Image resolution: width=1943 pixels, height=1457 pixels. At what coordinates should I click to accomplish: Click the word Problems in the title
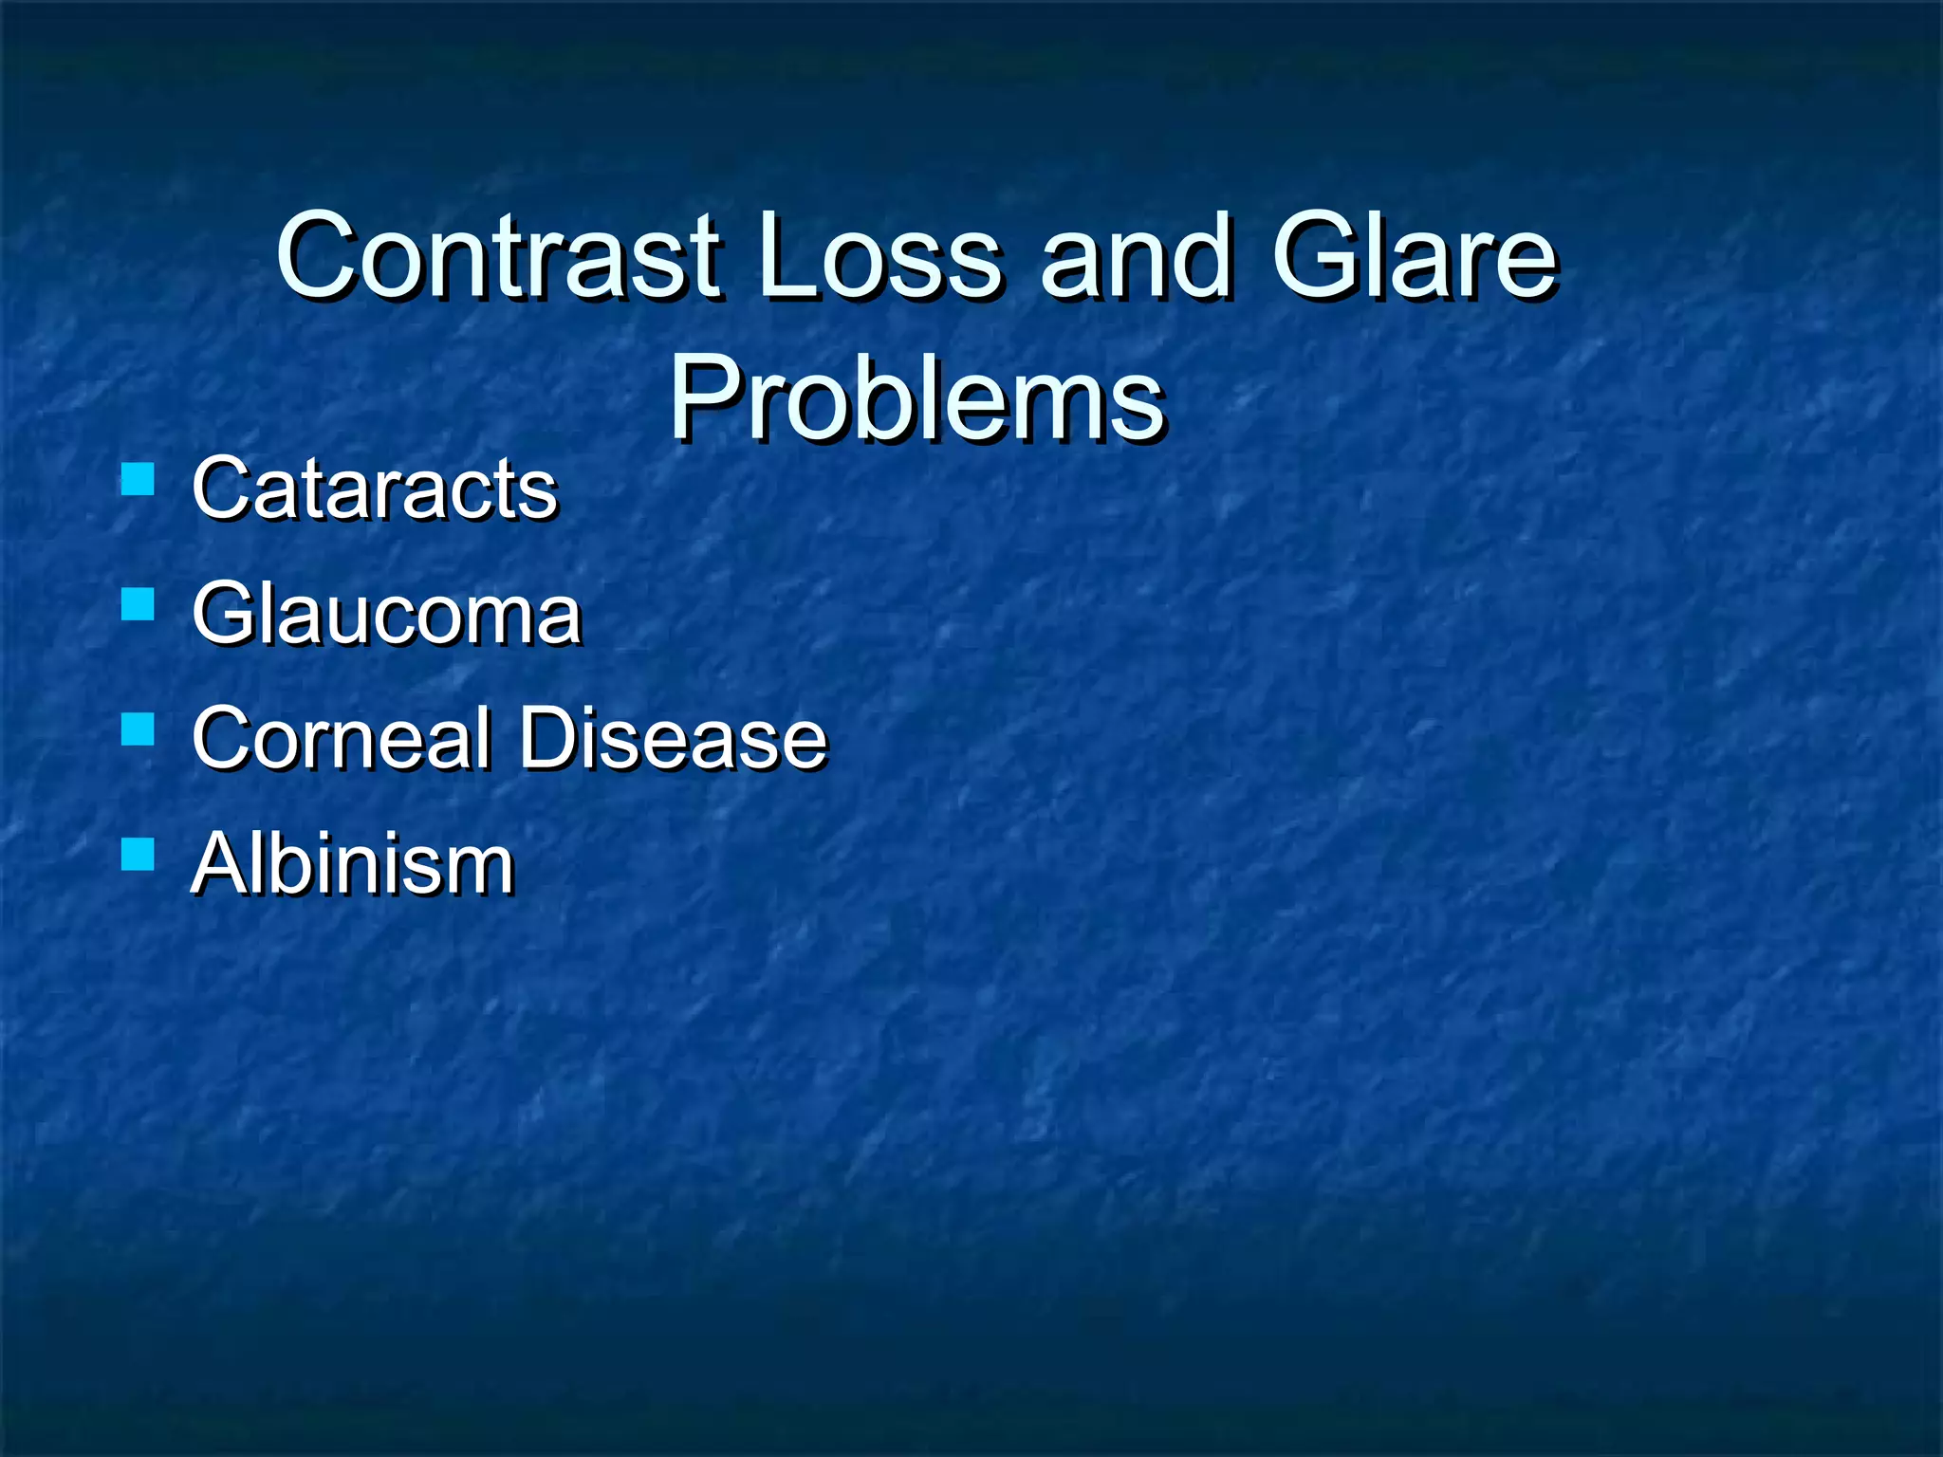click(916, 398)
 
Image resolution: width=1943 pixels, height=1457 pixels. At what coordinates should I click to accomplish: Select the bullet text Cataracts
click(374, 489)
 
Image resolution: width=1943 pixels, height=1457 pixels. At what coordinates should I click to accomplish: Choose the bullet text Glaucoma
click(385, 615)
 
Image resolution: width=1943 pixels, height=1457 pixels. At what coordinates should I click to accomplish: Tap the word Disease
click(674, 739)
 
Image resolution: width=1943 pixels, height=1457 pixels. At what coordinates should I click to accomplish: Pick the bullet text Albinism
click(352, 864)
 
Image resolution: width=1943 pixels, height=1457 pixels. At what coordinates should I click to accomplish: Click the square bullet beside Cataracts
click(139, 480)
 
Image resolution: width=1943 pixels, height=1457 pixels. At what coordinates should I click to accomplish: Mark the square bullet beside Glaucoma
click(139, 604)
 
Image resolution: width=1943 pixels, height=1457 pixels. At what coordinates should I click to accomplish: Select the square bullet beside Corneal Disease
click(139, 729)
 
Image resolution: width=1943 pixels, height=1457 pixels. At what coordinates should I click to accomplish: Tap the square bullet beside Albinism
click(139, 855)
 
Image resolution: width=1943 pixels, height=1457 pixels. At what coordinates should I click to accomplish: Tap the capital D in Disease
click(550, 739)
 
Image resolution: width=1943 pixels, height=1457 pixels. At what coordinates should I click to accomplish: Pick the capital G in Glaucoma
click(224, 615)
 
